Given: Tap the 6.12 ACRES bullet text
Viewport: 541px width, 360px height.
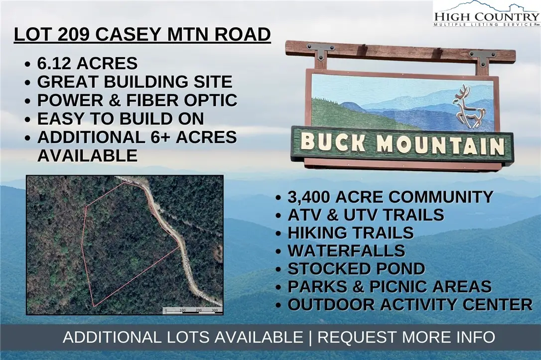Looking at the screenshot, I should coord(87,64).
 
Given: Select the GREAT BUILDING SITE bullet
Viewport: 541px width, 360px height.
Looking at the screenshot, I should coord(135,82).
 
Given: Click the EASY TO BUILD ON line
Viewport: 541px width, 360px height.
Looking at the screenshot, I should coord(121,119).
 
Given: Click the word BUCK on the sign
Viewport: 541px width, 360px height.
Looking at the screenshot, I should coord(333,143).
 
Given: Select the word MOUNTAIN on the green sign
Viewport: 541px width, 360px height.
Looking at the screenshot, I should coord(440,145).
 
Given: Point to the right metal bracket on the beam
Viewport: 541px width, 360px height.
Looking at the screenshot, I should coord(480,58).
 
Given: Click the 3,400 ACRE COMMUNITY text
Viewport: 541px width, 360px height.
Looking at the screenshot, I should coord(391,197).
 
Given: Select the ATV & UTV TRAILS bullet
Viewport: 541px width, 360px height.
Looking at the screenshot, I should coord(366,215).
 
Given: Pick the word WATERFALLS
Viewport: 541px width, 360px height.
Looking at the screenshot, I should coord(346,250).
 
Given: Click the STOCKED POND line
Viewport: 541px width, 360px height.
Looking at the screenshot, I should coord(356,269).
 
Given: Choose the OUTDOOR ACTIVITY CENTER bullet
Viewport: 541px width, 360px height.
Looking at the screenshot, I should coord(410,304).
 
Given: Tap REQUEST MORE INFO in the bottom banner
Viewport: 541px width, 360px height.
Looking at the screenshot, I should coord(406,337).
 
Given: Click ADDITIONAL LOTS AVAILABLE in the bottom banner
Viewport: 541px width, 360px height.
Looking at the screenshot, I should coord(182,337).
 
